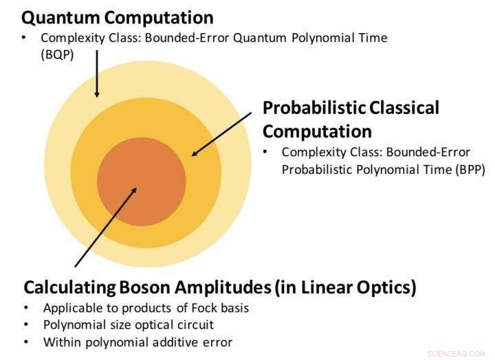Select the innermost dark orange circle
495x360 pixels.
point(141,181)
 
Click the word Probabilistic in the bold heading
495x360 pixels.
point(313,108)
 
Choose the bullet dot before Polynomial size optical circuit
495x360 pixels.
point(26,324)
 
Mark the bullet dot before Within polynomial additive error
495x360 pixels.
point(26,341)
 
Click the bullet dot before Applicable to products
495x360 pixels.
point(26,308)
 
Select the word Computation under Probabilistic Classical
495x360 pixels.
point(317,131)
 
